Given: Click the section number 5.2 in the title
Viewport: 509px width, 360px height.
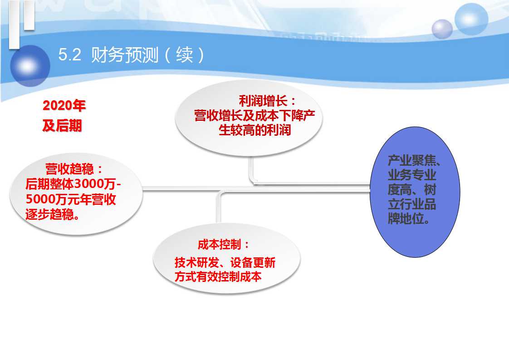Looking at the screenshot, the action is [x=70, y=54].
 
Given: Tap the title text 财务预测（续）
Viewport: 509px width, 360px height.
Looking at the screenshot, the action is [x=148, y=54].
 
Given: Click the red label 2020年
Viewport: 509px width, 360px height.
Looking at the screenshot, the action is [x=64, y=106].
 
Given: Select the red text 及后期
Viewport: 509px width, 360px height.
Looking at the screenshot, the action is [x=62, y=126].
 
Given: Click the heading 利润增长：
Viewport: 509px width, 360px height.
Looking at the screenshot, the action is [x=268, y=101].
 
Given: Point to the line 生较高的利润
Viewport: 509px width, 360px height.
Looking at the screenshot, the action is [x=255, y=130].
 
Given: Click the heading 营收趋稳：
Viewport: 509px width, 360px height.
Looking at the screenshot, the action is [x=74, y=169].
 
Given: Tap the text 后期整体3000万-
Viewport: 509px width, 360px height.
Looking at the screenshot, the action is [x=73, y=184].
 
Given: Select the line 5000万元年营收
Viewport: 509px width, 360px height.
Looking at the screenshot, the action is [x=71, y=199].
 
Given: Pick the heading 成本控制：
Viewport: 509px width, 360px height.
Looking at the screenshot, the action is [x=223, y=245].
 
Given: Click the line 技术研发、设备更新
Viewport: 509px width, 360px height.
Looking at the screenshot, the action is [x=225, y=262].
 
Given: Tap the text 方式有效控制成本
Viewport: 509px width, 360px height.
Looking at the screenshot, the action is [x=218, y=277].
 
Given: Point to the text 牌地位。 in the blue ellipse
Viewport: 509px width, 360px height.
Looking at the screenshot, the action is [x=409, y=219].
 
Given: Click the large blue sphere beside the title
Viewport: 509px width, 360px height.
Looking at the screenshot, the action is [x=30, y=66].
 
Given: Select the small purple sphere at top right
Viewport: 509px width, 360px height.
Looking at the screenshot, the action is [x=442, y=29].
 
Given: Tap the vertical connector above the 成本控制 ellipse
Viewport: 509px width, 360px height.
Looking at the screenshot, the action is [x=218, y=208].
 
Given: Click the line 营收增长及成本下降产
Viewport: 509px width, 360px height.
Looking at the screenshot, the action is [x=254, y=116].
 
